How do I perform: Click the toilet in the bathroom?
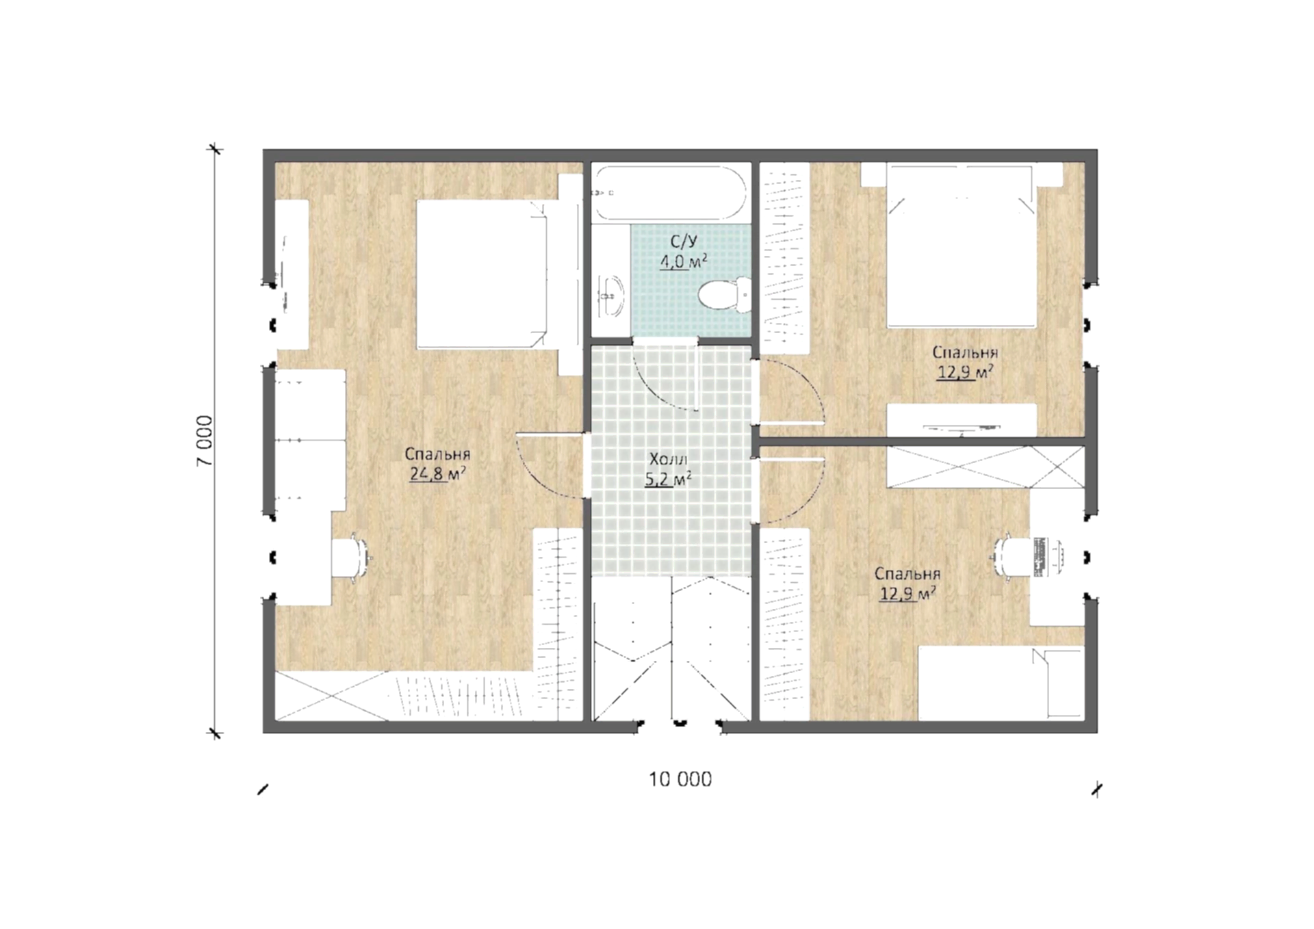[725, 295]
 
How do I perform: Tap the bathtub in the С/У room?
[669, 193]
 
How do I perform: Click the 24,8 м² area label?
[437, 473]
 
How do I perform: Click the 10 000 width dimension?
[680, 779]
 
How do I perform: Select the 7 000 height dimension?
[205, 441]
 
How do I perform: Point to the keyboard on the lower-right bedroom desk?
[1042, 556]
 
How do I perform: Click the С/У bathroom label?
[683, 241]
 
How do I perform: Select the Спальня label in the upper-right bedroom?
[965, 353]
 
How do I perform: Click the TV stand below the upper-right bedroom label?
[962, 419]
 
